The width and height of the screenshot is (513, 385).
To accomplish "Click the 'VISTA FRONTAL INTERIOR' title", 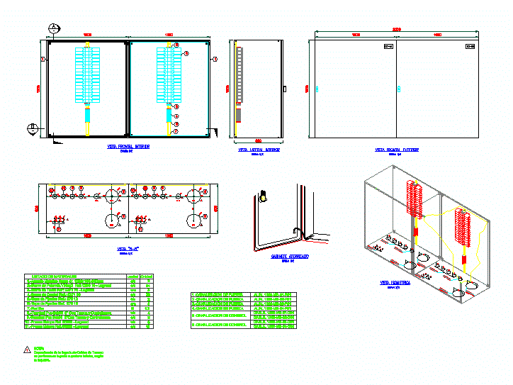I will click(x=128, y=147).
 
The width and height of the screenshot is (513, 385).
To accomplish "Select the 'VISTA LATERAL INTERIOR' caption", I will click(x=259, y=150).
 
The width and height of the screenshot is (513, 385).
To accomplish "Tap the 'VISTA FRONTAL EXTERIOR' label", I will click(x=396, y=150).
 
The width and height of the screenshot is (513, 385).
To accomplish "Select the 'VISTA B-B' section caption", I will click(x=128, y=249).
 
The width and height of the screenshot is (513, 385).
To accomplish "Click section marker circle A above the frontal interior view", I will click(x=55, y=28).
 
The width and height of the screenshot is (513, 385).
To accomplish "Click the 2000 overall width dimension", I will click(x=397, y=29).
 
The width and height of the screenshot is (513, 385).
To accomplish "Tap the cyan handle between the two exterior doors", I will click(x=399, y=89).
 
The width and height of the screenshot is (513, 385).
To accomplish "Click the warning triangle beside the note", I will click(x=28, y=350).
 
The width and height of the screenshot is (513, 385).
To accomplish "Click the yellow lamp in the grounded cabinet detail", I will click(x=264, y=197).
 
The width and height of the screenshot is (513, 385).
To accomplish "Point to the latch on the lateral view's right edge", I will click(x=283, y=89).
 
